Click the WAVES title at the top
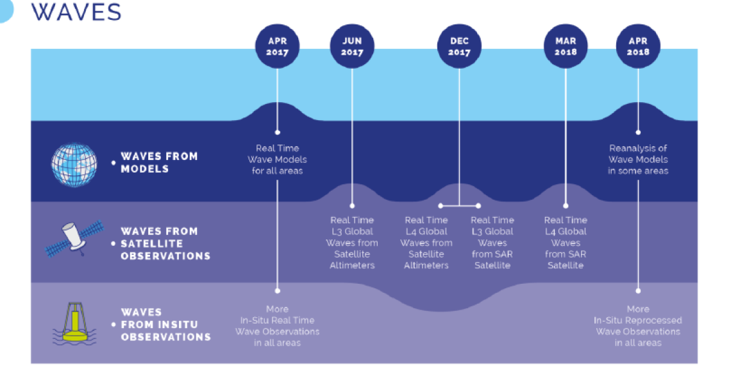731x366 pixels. click(x=76, y=12)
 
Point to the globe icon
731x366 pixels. click(x=74, y=162)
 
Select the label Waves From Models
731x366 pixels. click(x=159, y=162)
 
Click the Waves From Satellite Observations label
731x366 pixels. click(x=165, y=243)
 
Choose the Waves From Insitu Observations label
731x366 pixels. click(x=165, y=324)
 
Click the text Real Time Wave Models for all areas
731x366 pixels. click(x=277, y=159)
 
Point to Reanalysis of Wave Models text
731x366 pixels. click(x=638, y=159)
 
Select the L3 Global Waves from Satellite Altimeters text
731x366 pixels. click(x=352, y=243)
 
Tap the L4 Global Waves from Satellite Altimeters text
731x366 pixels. click(x=426, y=243)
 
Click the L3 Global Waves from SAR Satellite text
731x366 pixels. click(x=492, y=243)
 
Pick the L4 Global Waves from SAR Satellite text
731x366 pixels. click(x=566, y=243)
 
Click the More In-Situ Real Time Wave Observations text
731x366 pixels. click(x=277, y=326)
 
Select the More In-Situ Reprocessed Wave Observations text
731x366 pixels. click(x=638, y=326)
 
